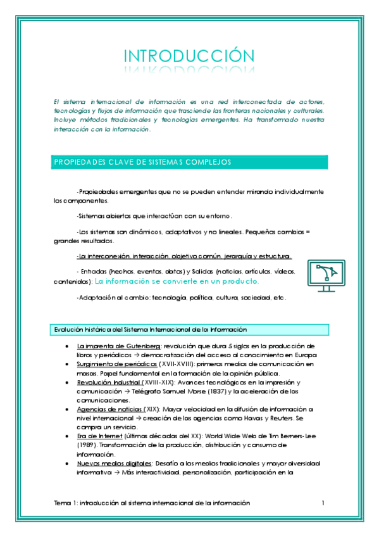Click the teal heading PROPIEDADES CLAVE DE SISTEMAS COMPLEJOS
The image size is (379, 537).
140,162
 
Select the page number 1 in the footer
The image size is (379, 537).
323,503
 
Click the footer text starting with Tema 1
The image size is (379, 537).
152,503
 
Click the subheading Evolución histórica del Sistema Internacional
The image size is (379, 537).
150,329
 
